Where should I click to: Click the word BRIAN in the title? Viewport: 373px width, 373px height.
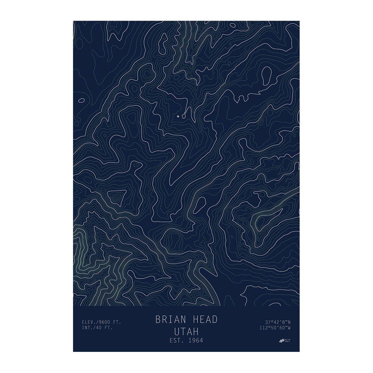coord(170,320)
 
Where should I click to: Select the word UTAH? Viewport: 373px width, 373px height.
coord(186,331)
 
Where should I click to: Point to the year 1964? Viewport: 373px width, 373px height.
coord(195,341)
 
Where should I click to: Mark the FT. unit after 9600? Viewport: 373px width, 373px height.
coord(116,322)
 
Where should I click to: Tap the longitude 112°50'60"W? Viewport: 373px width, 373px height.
coord(277,328)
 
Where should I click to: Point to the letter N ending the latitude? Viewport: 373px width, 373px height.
coord(290,322)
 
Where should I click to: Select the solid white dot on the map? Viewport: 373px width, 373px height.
coord(178,116)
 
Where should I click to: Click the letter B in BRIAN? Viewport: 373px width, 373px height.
coord(158,320)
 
